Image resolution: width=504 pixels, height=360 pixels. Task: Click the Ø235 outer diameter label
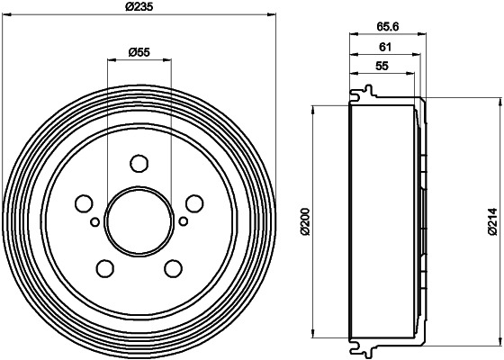pyautogui.click(x=139, y=7)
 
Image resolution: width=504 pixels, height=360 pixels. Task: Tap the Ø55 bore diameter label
pyautogui.click(x=139, y=52)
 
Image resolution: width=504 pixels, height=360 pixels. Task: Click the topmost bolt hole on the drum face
pyautogui.click(x=139, y=163)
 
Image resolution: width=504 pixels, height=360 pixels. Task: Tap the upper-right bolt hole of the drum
pyautogui.click(x=192, y=202)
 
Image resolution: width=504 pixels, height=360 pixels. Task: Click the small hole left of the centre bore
pyautogui.click(x=94, y=220)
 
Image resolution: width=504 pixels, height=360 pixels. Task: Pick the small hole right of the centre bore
pyautogui.click(x=183, y=220)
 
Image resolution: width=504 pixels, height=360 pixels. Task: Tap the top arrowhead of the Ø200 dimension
pyautogui.click(x=313, y=109)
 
